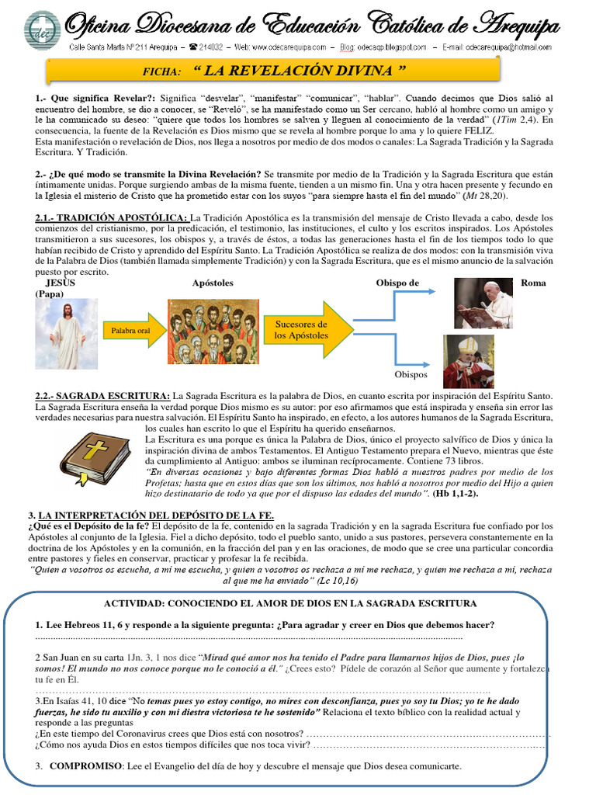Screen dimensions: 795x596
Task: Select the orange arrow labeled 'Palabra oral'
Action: pyautogui.click(x=128, y=331)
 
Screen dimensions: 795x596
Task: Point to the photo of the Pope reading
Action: pyautogui.click(x=483, y=304)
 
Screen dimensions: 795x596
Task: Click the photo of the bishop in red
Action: pyautogui.click(x=468, y=361)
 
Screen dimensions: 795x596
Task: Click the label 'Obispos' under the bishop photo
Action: pyautogui.click(x=411, y=374)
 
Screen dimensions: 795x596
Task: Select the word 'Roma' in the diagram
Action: pyautogui.click(x=534, y=283)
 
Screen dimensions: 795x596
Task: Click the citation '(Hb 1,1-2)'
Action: pyautogui.click(x=456, y=493)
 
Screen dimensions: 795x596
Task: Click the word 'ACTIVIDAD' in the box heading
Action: pyautogui.click(x=136, y=603)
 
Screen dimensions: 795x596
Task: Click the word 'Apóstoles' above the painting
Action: pyautogui.click(x=213, y=283)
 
